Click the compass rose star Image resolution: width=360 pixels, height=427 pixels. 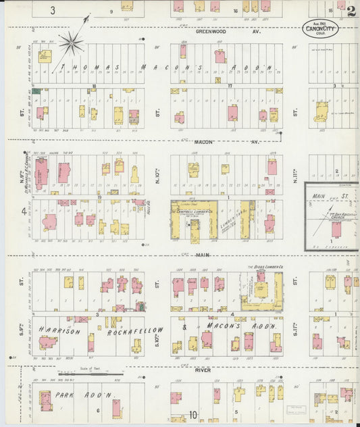(x=70, y=45)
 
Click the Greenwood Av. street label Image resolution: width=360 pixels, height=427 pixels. (x=228, y=32)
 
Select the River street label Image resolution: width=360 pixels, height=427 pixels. (x=203, y=370)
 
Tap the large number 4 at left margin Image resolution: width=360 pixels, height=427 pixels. (x=24, y=211)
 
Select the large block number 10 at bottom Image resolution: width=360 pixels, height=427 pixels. (x=194, y=416)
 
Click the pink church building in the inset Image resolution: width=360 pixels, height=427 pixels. (x=336, y=229)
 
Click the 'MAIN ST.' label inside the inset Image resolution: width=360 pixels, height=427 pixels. (x=325, y=197)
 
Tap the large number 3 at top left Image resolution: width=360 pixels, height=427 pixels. (x=53, y=10)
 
